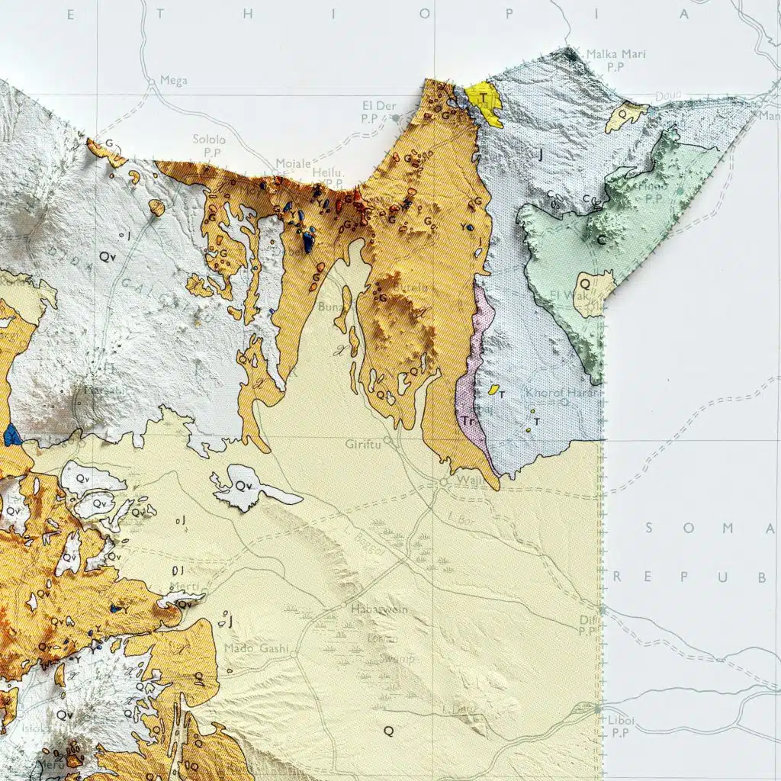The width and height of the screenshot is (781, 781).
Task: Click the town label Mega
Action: [174, 81]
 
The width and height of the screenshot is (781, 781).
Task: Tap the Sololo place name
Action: [209, 140]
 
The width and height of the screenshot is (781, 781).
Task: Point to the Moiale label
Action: [293, 164]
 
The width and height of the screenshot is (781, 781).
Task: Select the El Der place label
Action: [377, 105]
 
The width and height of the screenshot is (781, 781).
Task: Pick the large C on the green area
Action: [602, 240]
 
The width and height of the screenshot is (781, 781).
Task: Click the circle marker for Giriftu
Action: [387, 440]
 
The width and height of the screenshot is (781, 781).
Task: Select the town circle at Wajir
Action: [444, 483]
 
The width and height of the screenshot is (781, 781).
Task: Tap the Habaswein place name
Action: [379, 609]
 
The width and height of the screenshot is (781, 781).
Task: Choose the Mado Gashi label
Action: [257, 649]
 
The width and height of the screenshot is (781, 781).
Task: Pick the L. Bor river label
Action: [461, 519]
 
